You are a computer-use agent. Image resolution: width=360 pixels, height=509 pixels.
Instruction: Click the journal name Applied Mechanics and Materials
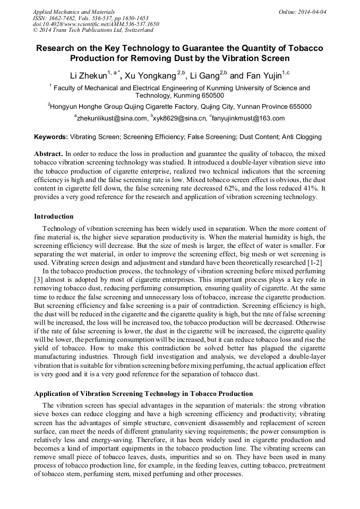74,11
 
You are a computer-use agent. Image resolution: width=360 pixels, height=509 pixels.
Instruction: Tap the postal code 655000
297,106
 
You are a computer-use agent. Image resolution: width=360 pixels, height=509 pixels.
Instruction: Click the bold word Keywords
51,137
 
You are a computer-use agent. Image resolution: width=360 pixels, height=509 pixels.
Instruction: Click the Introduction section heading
54,216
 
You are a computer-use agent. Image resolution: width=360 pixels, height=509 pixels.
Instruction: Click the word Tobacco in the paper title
304,48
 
